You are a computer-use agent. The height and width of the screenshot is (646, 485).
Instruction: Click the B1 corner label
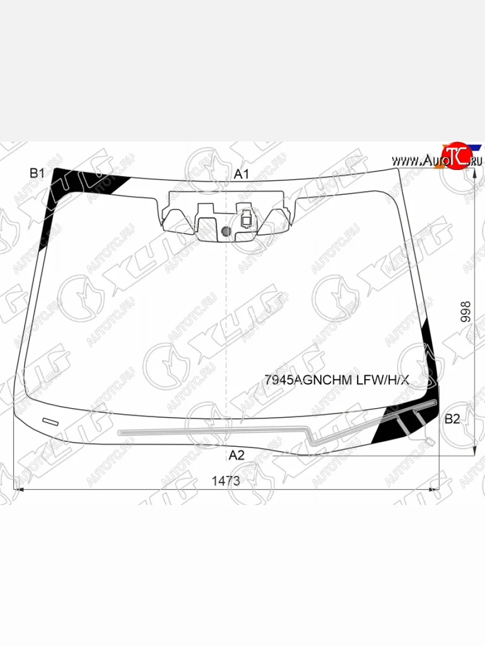(37, 173)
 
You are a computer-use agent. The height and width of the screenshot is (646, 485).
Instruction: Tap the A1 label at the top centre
(241, 174)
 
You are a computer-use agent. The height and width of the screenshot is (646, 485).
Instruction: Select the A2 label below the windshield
(237, 455)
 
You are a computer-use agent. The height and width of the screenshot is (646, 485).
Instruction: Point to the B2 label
(452, 419)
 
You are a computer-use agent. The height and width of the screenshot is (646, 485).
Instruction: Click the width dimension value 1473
(226, 481)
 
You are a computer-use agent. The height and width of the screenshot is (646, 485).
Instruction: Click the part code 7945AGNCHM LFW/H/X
(337, 381)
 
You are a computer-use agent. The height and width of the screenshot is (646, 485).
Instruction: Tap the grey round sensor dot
(226, 232)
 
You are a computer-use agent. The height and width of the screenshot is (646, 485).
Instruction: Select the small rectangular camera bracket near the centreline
(246, 220)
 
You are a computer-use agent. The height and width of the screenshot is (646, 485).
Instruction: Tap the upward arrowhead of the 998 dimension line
(474, 172)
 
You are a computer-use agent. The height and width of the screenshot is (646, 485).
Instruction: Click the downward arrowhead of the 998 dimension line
(474, 451)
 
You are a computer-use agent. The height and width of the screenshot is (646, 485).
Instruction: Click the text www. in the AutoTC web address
(405, 160)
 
